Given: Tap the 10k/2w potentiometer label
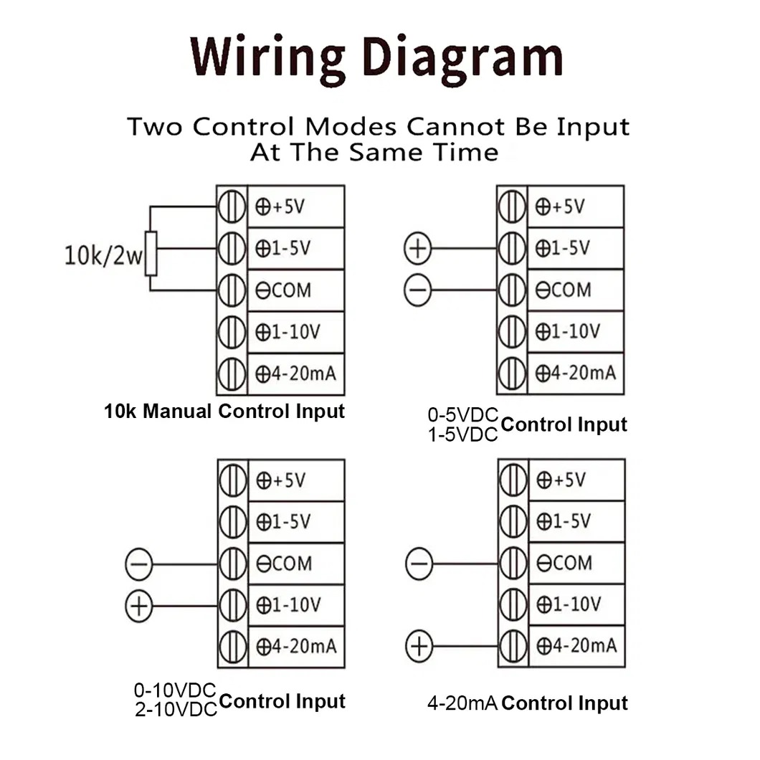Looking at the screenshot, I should [x=103, y=256].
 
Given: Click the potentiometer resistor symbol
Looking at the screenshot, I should [x=151, y=253].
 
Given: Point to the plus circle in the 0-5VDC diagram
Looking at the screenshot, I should [x=418, y=249].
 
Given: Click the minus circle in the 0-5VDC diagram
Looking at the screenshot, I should [x=418, y=290].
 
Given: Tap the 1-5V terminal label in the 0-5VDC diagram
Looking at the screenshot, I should [x=563, y=249].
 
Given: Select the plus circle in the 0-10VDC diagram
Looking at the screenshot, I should [x=138, y=606].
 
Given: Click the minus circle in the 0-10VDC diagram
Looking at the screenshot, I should [x=138, y=564].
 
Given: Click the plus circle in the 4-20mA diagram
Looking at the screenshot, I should [x=419, y=647].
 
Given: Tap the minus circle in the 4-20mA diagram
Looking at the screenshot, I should [x=419, y=564].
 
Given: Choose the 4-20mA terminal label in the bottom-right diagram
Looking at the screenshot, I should [x=576, y=647].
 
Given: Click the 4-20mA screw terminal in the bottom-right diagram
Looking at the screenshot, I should [x=512, y=647].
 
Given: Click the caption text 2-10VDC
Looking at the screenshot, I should [x=175, y=710].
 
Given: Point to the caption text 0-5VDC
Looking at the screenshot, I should [x=462, y=415].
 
